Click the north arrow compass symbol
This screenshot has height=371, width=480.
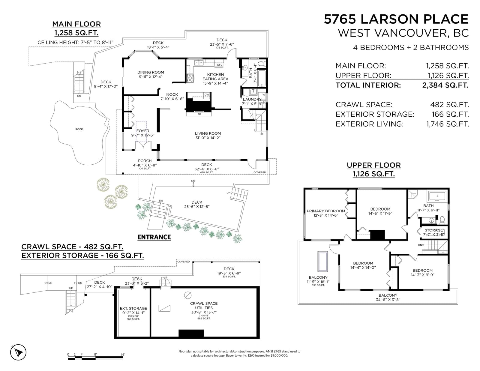pyautogui.click(x=18, y=352)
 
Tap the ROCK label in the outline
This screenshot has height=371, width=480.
pyautogui.click(x=79, y=129)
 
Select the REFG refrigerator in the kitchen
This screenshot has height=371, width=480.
pyautogui.click(x=219, y=63)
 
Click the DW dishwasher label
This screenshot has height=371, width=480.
pyautogui.click(x=207, y=94)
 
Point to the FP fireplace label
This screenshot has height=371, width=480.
pyautogui.click(x=199, y=114)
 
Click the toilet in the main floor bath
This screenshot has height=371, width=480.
pyautogui.click(x=262, y=64)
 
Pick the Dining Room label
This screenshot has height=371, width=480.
pyautogui.click(x=151, y=72)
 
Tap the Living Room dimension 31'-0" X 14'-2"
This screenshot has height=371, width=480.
pyautogui.click(x=208, y=138)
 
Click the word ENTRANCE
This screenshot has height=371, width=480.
pyautogui.click(x=154, y=237)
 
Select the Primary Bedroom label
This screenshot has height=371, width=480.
pyautogui.click(x=326, y=211)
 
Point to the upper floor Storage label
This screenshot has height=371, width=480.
pyautogui.click(x=433, y=230)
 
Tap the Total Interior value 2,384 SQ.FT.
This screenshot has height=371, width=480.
pyautogui.click(x=445, y=85)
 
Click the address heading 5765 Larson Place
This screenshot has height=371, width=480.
pyautogui.click(x=396, y=19)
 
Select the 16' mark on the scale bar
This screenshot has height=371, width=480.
pyautogui.click(x=123, y=355)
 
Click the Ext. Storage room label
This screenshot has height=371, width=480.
pyautogui.click(x=133, y=308)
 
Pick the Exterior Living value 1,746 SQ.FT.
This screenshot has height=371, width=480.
pyautogui.click(x=447, y=124)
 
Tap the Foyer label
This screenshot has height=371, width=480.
pyautogui.click(x=143, y=131)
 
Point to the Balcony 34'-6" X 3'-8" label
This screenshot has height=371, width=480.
pyautogui.click(x=388, y=298)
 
